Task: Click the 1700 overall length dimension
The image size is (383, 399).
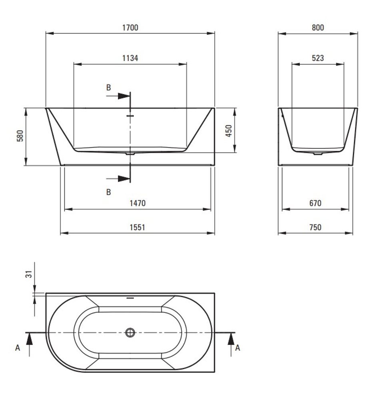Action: pos(130,28)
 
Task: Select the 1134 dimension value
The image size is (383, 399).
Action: pos(130,58)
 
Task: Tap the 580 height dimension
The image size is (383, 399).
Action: pos(20,136)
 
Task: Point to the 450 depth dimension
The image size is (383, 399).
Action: pos(229,131)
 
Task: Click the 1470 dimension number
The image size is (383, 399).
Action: pos(138,203)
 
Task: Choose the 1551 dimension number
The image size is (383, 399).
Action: pos(138,227)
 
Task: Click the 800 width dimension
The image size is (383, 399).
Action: pos(318,28)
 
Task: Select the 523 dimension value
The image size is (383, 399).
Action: pos(318,58)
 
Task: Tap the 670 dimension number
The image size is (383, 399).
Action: pos(315,203)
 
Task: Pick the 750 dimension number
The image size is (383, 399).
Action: pos(315,227)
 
